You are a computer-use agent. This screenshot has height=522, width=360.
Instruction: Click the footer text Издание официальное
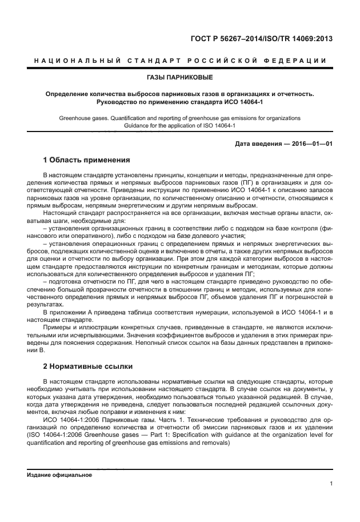click(x=59, y=475)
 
